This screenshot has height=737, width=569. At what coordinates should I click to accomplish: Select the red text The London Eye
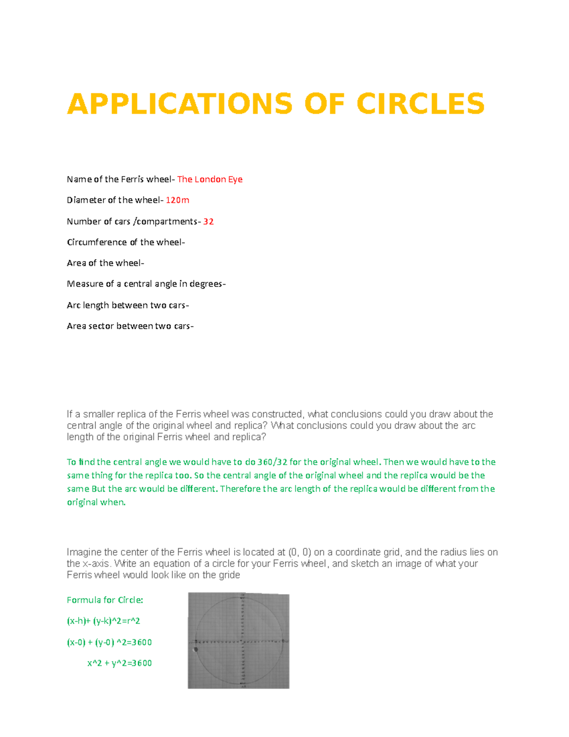[x=210, y=179]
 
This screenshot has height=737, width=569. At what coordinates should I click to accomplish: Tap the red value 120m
[x=177, y=200]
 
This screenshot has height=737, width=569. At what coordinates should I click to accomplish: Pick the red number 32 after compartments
[x=208, y=222]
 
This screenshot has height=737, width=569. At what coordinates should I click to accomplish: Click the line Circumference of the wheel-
[x=126, y=243]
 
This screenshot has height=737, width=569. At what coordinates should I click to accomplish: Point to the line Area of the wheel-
[x=105, y=263]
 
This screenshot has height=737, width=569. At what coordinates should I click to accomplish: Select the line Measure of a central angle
[x=146, y=284]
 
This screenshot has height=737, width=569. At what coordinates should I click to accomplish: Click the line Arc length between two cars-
[x=128, y=305]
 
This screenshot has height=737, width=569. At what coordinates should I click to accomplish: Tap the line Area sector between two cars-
[x=130, y=326]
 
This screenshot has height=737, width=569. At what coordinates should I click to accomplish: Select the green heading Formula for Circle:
[x=105, y=600]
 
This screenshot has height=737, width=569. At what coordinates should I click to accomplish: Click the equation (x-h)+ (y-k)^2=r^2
[x=103, y=621]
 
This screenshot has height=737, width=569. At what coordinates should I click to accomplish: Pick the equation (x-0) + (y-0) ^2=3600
[x=109, y=643]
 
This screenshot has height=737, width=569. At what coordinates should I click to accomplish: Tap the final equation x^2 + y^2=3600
[x=119, y=663]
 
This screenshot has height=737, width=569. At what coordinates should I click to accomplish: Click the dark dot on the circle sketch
[x=196, y=650]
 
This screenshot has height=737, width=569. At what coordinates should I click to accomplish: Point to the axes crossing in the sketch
[x=242, y=641]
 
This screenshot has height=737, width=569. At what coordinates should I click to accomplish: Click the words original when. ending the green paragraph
[x=96, y=503]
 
